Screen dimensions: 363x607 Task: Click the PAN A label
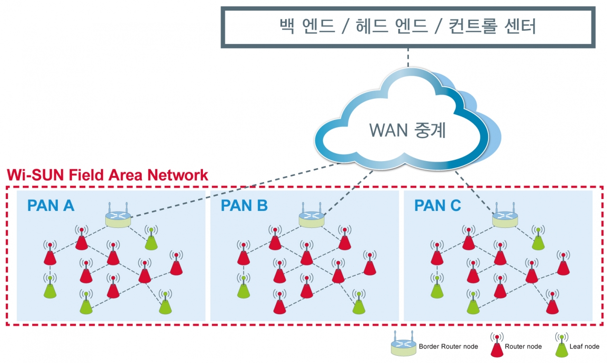pos(51,206)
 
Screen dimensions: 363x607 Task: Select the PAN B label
pos(244,206)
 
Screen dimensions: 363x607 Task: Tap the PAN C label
pos(437,206)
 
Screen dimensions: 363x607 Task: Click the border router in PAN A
pos(118,218)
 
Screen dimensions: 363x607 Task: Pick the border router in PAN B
pos(312,218)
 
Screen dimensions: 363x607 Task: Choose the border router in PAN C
pos(505,218)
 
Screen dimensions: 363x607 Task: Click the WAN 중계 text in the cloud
pos(407,129)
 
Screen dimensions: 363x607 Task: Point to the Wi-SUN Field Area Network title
pos(108,175)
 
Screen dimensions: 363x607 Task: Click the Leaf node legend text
pos(584,346)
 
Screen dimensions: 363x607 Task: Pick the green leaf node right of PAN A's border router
pos(151,240)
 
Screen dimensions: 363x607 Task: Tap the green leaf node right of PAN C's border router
pos(538,240)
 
